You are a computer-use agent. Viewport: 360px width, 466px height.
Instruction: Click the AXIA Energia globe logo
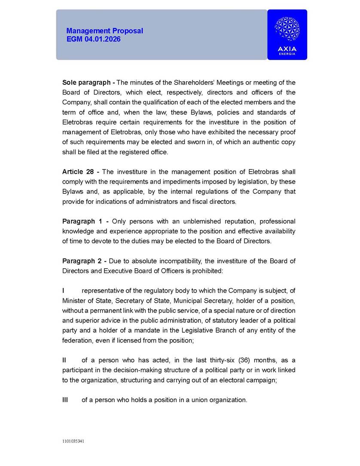(287, 29)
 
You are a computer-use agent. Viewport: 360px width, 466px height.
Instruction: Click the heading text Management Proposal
(104, 31)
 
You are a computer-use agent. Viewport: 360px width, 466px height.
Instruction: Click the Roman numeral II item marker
(64, 360)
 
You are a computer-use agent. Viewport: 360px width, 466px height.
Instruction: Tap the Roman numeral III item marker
(65, 400)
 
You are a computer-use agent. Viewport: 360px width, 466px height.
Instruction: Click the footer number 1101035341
(73, 441)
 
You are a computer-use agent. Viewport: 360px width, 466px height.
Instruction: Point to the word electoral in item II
(235, 380)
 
